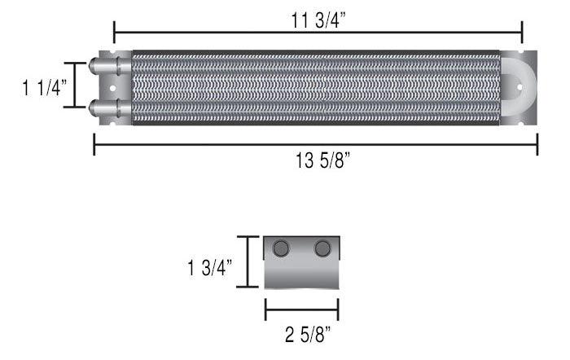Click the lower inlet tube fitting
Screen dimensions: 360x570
104,107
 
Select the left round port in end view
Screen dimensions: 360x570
283,248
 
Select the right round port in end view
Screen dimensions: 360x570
322,248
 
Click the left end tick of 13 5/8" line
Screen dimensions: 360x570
94,145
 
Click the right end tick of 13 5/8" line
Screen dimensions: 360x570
537,145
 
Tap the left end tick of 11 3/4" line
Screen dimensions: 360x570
114,33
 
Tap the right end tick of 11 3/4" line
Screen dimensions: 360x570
521,33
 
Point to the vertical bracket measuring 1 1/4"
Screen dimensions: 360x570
76,85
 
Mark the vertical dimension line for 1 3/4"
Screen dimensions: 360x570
247,261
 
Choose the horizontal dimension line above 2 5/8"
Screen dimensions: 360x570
301,310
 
